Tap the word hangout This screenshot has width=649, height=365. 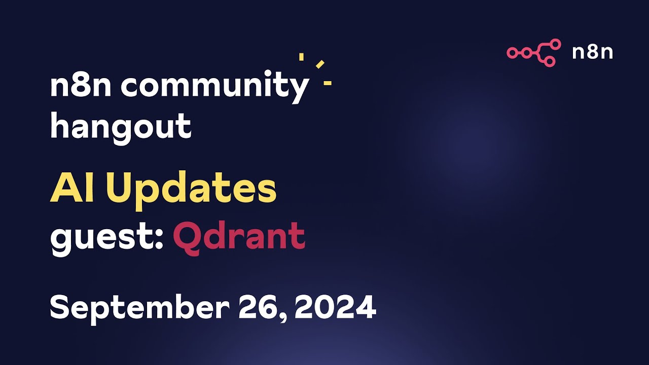(x=121, y=127)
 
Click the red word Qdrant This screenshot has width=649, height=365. (x=239, y=237)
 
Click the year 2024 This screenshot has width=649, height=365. (x=335, y=307)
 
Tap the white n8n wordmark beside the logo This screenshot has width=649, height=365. (x=592, y=52)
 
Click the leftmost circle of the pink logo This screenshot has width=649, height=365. (x=512, y=52)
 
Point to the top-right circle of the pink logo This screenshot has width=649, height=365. (x=555, y=44)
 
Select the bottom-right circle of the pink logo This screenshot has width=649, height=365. (x=550, y=61)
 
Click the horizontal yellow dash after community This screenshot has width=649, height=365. (x=328, y=83)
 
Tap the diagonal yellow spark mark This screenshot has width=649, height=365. (x=320, y=64)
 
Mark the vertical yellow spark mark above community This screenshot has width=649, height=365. (x=301, y=57)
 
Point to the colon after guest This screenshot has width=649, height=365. (x=158, y=238)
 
